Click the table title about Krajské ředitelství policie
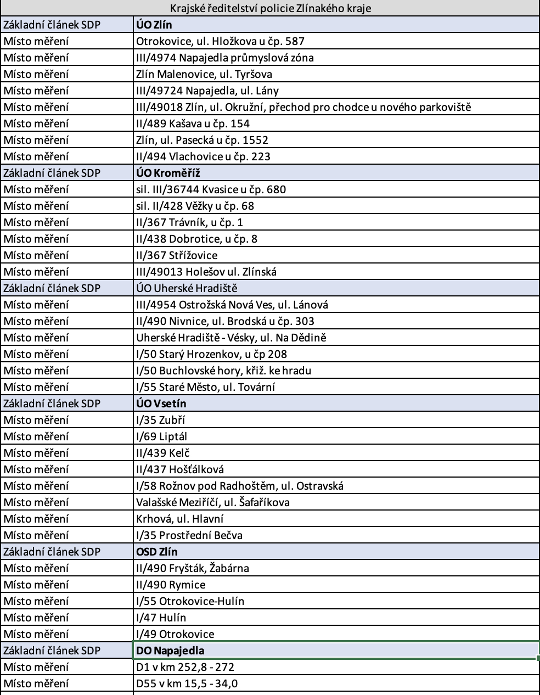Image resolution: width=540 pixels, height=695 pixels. [x=270, y=8]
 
